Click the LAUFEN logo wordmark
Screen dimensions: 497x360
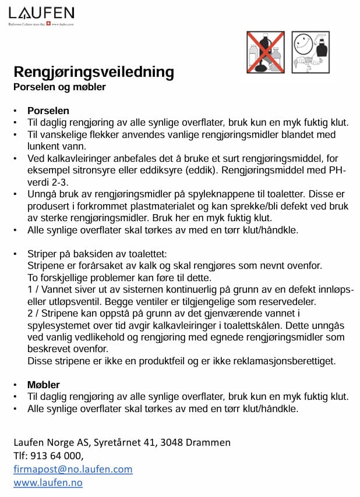coord(41,12)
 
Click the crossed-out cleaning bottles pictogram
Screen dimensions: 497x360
coord(266,52)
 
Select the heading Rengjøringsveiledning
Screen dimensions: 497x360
coord(94,72)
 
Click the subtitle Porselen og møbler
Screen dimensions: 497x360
coord(59,87)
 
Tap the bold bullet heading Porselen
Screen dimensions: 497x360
coord(48,111)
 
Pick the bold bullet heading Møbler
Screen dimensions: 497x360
coord(44,384)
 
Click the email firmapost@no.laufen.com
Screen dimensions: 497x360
coord(73,468)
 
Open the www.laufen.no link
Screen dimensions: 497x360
coord(48,482)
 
